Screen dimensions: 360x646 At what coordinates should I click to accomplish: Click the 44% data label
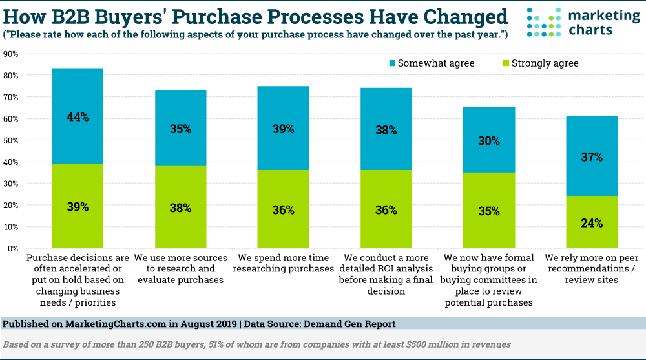pos(78,117)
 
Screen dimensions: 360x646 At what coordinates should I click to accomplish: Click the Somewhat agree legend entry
pos(431,63)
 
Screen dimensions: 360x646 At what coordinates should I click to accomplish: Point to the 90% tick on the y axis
pos(11,54)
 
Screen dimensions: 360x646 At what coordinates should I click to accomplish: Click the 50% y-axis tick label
pos(11,140)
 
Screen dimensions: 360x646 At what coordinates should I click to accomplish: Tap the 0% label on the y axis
pos(13,248)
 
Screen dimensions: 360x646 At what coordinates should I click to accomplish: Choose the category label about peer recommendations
pos(592,268)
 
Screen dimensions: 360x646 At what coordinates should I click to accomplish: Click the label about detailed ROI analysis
pos(386,274)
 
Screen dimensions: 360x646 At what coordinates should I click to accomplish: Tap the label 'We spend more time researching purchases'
pos(283,263)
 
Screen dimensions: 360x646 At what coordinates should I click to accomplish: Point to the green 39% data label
pos(78,207)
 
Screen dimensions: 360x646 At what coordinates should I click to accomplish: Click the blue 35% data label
pos(180,129)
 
